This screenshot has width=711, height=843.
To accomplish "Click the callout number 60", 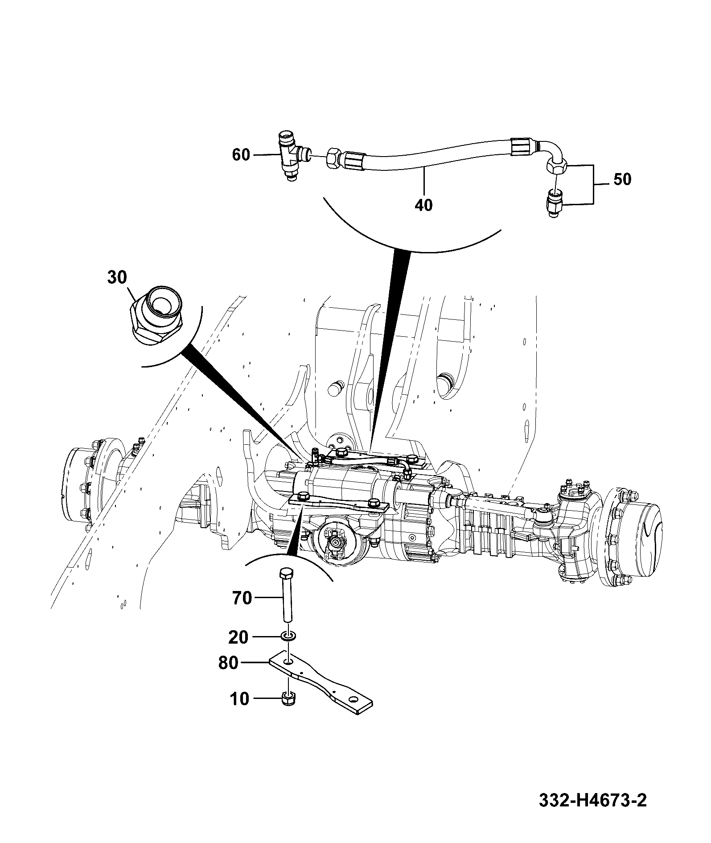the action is (x=241, y=155).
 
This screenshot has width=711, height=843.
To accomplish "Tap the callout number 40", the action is (x=423, y=205).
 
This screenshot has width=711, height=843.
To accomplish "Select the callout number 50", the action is (x=622, y=180).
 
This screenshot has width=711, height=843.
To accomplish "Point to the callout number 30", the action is (x=117, y=277).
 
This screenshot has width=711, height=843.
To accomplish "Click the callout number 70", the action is (x=242, y=598).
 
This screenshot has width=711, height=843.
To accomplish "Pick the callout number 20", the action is (x=238, y=637).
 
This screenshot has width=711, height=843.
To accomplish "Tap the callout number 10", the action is (x=240, y=699).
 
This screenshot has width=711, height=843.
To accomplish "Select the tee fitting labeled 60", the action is (x=290, y=155).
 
